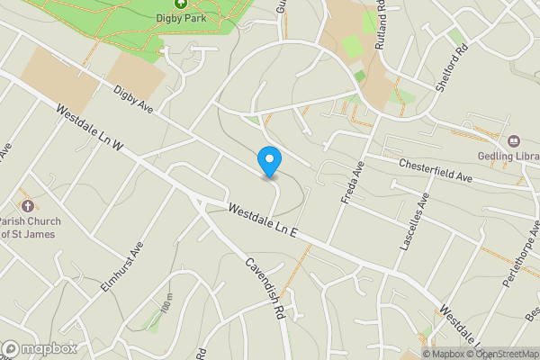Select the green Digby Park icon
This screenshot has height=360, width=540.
(180, 4)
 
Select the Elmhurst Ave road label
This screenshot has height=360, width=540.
(123, 265)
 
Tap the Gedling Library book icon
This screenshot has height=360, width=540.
(515, 140)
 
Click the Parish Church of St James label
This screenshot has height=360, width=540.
(27, 227)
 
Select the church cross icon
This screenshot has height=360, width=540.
(26, 203)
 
